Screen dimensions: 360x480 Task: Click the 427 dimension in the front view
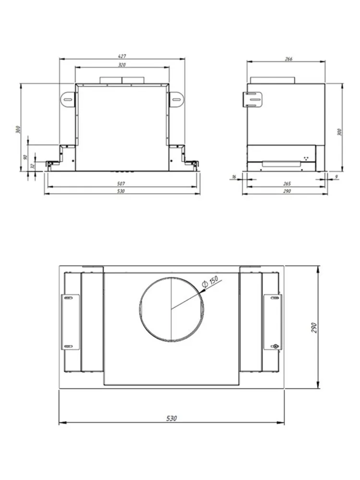pyautogui.click(x=122, y=56)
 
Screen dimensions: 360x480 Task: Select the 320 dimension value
pyautogui.click(x=122, y=65)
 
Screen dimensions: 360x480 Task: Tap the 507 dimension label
pyautogui.click(x=121, y=184)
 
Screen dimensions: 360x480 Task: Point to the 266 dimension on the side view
pyautogui.click(x=288, y=59)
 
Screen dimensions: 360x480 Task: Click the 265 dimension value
pyautogui.click(x=287, y=184)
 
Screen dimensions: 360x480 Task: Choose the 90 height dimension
pyautogui.click(x=26, y=157)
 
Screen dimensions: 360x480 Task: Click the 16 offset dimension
pyautogui.click(x=234, y=177)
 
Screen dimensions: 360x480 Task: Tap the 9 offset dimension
pyautogui.click(x=336, y=177)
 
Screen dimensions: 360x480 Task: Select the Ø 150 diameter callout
pyautogui.click(x=210, y=281)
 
